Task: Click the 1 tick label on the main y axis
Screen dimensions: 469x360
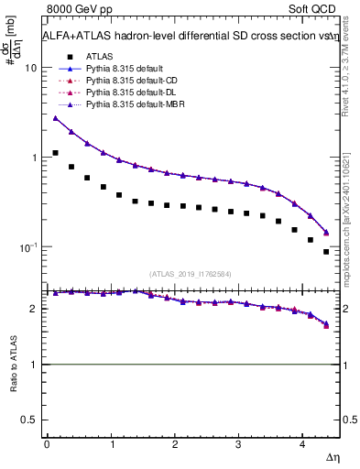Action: click(34, 158)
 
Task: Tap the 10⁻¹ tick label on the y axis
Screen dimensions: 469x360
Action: click(28, 247)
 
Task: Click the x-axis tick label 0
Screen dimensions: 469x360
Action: click(47, 444)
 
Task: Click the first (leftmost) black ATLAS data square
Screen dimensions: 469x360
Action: click(55, 153)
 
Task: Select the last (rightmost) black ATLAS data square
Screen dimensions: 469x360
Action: click(326, 251)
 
